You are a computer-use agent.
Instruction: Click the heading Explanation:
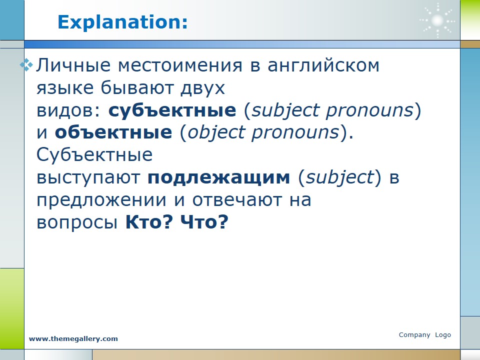[x=122, y=22]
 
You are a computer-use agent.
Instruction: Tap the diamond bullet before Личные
[x=26, y=65]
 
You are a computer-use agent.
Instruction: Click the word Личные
[x=73, y=65]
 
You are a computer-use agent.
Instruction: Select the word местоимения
[x=180, y=66]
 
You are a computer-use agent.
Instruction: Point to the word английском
[x=323, y=65]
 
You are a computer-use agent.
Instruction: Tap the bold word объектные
[x=113, y=132]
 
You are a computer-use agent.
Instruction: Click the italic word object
[x=216, y=133]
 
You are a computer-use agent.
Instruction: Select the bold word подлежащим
[x=218, y=178]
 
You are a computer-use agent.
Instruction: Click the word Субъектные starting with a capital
[x=94, y=154]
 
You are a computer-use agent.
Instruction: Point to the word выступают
[x=88, y=178]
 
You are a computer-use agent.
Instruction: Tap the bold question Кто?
[x=149, y=221]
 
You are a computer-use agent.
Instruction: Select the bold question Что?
[x=204, y=221]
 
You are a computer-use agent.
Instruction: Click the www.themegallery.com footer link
[x=73, y=339]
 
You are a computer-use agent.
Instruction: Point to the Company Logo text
[x=425, y=335]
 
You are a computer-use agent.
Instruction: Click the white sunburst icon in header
[x=437, y=20]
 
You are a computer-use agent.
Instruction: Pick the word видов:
[x=68, y=110]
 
